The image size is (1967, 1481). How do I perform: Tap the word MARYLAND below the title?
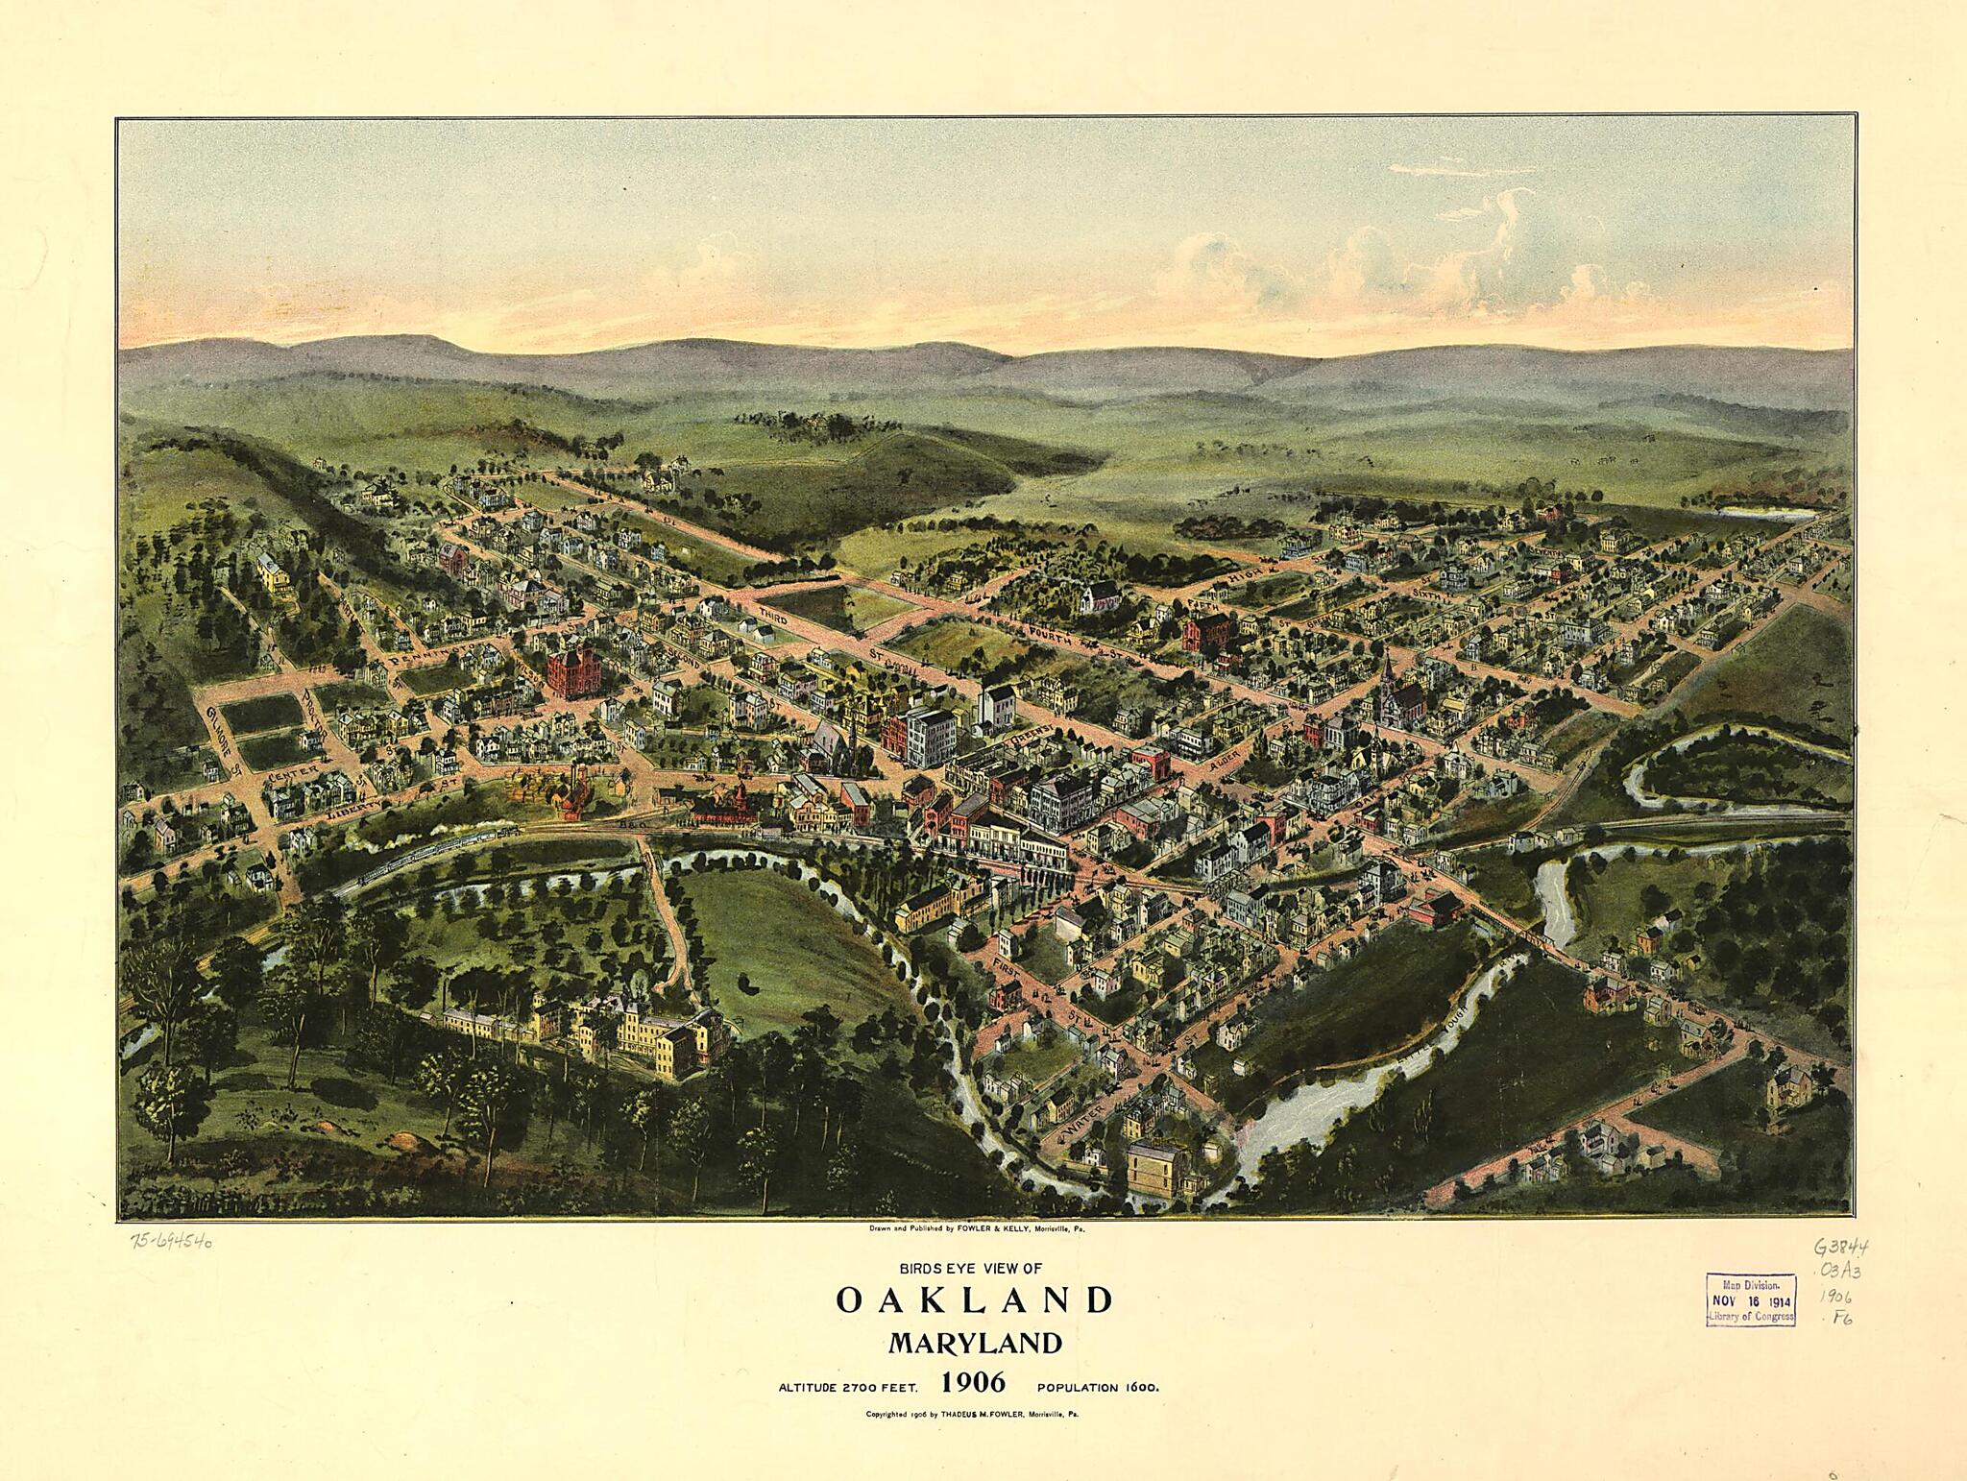coord(974,1342)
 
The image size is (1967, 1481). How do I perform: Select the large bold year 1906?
coord(974,1383)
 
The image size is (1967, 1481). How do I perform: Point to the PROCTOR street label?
coord(315,712)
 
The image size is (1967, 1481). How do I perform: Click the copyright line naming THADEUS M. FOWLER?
coord(974,1414)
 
